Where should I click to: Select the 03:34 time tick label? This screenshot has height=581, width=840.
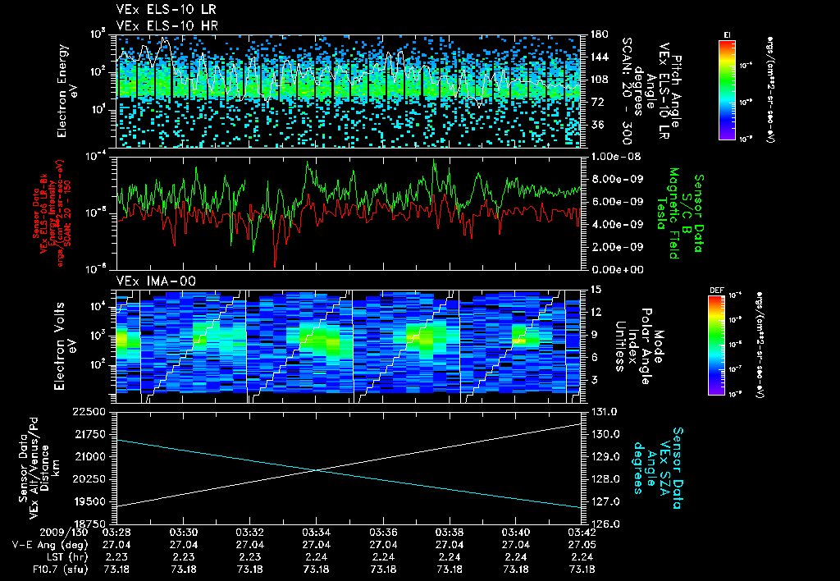tap(316, 532)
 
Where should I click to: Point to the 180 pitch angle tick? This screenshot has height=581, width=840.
tap(598, 34)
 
